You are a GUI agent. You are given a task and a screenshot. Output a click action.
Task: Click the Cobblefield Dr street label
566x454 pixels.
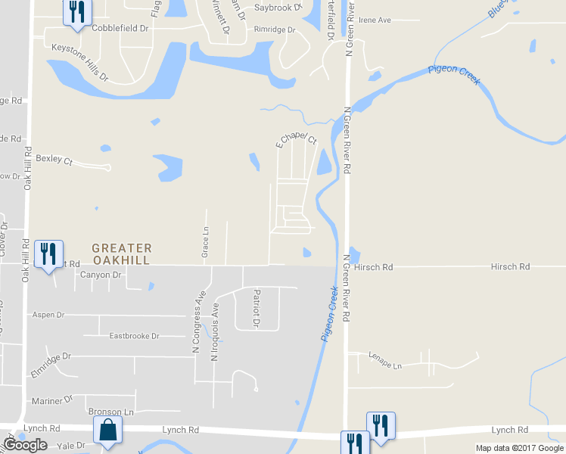coord(120,27)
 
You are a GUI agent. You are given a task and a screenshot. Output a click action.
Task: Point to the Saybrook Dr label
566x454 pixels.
coord(278,7)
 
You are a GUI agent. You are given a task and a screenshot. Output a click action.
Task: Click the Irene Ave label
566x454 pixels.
coord(376,20)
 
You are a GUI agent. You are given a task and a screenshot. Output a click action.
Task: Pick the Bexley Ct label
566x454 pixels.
coord(54,160)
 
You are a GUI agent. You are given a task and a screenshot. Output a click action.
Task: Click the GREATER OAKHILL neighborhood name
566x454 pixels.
coord(121,253)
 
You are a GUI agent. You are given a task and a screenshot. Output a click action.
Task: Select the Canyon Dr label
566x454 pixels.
coord(101,275)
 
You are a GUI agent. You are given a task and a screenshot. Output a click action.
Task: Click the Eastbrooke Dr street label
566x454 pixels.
coord(135,335)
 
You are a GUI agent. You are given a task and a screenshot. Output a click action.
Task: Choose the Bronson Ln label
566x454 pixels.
coord(110,412)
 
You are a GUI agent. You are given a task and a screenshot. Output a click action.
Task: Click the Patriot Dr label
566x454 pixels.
coord(257,308)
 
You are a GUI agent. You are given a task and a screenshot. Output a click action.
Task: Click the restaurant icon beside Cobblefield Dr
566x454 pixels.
coord(76,13)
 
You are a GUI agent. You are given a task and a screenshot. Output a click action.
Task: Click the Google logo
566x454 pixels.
coord(25,445)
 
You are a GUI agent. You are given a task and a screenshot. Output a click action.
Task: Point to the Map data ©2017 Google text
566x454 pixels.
coord(518,448)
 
